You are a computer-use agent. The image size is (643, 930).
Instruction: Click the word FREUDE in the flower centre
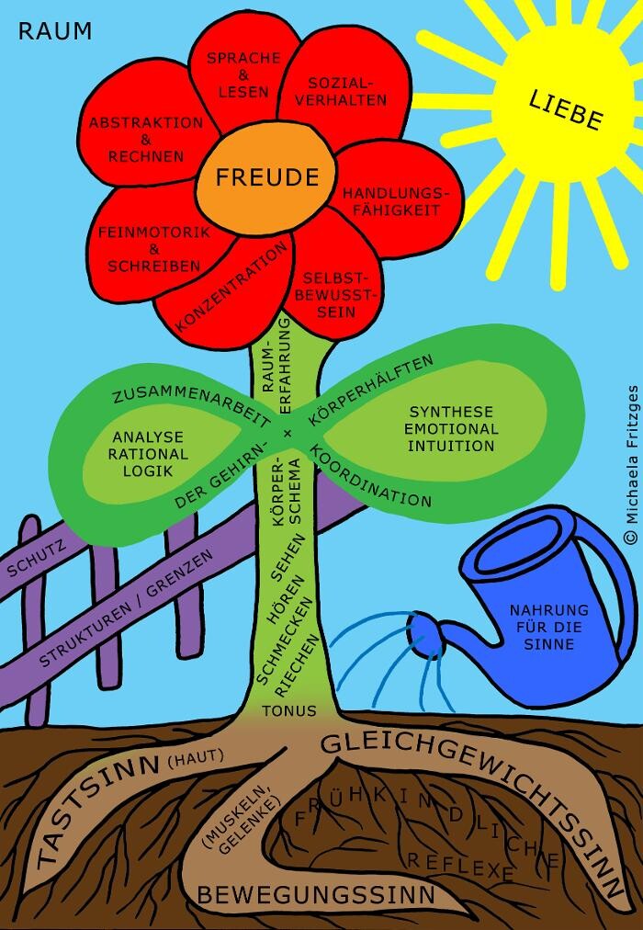coord(260,176)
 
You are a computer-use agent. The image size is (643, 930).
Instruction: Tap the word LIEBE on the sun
coord(565,109)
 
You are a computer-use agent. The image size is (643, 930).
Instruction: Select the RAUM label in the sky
coord(55,32)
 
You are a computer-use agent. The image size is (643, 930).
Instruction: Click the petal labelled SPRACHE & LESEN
coord(243,74)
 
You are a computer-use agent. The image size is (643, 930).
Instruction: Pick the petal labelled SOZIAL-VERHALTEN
coord(334,91)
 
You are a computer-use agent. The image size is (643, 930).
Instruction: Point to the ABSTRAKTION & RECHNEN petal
coord(146,139)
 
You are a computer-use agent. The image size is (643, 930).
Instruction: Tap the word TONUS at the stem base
coord(288,710)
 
